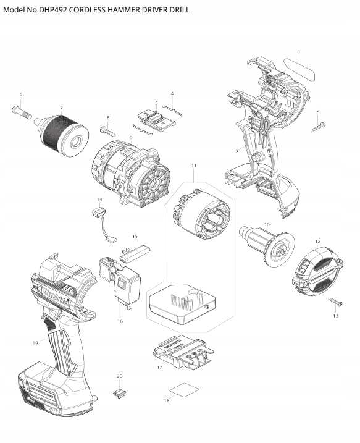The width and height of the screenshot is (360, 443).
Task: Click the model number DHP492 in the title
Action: coord(53,10)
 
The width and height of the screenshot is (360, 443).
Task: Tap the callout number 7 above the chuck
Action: coord(61,108)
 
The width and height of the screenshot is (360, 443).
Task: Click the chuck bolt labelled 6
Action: coord(22,112)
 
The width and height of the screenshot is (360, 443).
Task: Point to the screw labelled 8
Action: coord(108,130)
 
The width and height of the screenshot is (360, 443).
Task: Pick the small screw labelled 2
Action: coord(319,126)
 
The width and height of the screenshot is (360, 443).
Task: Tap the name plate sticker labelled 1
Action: coord(299,69)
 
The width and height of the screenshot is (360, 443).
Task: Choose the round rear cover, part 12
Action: coord(317,271)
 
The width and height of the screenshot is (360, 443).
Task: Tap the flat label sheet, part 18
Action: coord(184,390)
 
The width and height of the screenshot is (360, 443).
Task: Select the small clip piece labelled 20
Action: coord(119,394)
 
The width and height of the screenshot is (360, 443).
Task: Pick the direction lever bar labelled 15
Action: coord(135,253)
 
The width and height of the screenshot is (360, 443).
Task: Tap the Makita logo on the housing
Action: coord(56,295)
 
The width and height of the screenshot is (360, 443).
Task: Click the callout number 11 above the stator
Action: coord(194,166)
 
